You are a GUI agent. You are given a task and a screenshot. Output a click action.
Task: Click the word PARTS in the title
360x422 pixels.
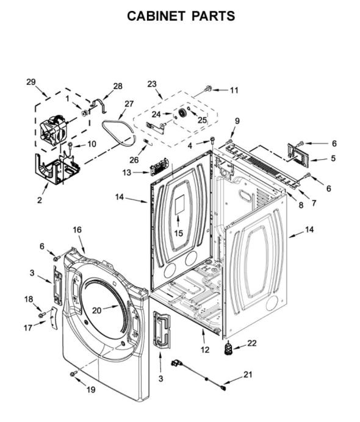point(213,16)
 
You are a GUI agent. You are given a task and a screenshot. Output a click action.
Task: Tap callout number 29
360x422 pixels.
point(31,82)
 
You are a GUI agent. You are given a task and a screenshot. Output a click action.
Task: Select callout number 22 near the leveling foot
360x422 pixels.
point(252,343)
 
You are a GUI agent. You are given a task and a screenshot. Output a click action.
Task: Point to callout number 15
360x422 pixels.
point(178,233)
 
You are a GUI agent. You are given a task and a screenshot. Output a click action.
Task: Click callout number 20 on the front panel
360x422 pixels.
point(96,310)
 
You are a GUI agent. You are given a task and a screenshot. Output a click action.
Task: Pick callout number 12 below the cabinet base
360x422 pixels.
point(205,349)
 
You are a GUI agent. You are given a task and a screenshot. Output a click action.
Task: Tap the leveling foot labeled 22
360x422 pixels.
point(229,348)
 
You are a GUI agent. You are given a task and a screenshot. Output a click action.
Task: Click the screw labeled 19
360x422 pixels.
point(73,374)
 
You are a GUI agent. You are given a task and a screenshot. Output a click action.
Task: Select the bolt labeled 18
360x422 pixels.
point(41,315)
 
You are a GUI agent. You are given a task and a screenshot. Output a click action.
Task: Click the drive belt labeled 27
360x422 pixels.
point(119,133)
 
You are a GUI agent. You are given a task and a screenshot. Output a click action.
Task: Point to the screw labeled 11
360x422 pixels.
point(209,88)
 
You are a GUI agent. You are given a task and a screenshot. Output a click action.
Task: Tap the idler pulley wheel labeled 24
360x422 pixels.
point(182,113)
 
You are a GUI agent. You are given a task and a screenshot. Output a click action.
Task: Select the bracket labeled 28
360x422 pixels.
point(99,104)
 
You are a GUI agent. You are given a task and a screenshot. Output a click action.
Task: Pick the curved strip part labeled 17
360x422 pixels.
point(54,318)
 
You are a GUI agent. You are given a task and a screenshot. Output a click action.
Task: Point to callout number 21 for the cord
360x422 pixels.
point(248,374)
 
